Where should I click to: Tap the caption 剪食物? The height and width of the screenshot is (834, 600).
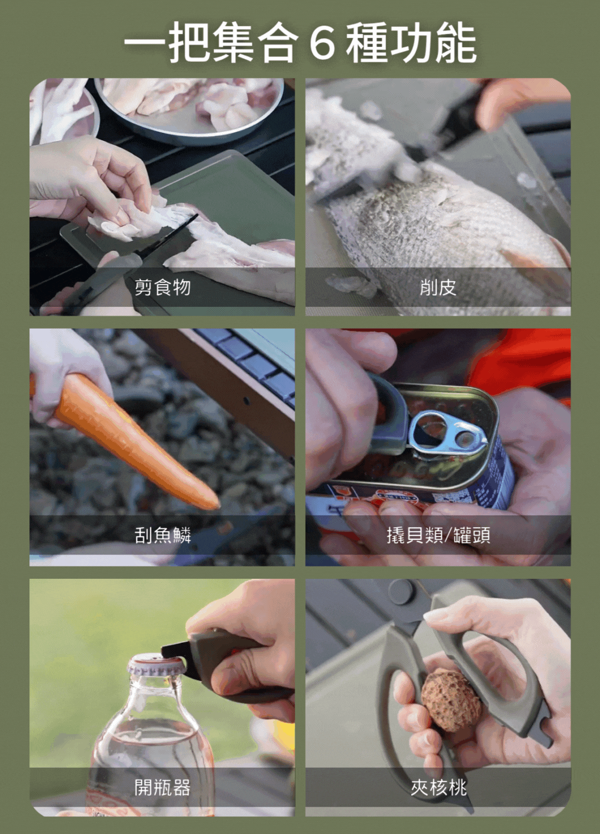coord(162,287)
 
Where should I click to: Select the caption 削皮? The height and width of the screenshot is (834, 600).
coord(438,287)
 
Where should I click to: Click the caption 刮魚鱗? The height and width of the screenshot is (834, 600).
coord(162,535)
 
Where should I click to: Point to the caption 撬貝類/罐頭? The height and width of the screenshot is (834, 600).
coord(438,535)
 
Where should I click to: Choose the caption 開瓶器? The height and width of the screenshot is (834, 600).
coord(162,787)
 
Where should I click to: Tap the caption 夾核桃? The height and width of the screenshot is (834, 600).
coord(438,787)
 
